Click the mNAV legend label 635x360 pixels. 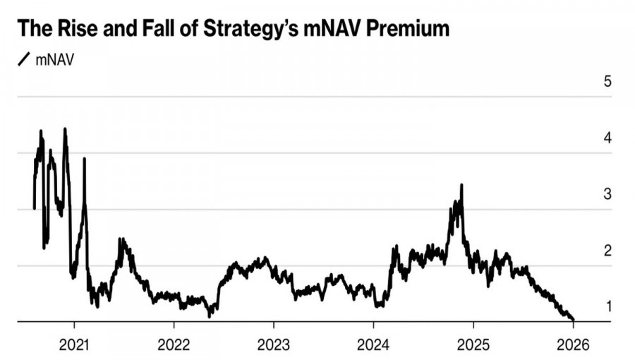54,59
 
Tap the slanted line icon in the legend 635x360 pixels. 24,59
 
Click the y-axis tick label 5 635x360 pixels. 607,81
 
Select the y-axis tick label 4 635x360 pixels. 607,138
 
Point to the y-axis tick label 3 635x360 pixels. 607,194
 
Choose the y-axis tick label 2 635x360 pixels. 607,251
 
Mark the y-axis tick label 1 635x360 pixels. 607,307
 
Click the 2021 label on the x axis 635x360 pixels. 74,346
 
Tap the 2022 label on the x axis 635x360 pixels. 174,346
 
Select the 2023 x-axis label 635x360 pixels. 273,346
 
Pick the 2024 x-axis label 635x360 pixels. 373,346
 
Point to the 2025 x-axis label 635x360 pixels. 473,346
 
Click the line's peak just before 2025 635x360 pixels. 461,185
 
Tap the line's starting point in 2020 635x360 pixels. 34,208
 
